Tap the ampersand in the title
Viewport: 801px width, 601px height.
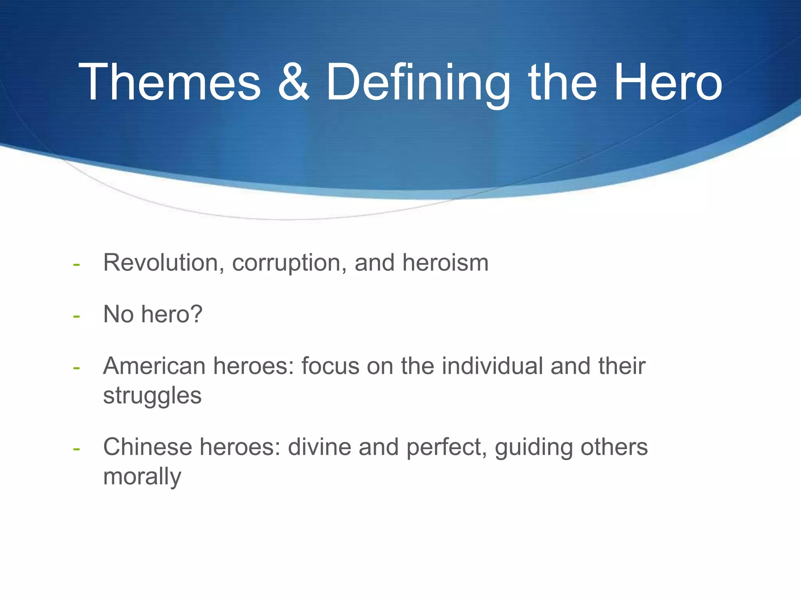point(293,83)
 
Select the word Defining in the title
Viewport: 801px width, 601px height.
point(418,83)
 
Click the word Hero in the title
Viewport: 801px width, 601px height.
point(668,83)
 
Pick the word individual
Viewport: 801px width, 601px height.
point(492,366)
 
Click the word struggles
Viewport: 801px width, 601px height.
point(152,396)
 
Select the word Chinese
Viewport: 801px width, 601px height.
point(147,447)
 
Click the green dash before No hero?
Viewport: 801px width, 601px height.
point(77,316)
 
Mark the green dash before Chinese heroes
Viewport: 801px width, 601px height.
point(77,449)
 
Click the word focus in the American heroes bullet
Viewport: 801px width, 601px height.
point(330,366)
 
